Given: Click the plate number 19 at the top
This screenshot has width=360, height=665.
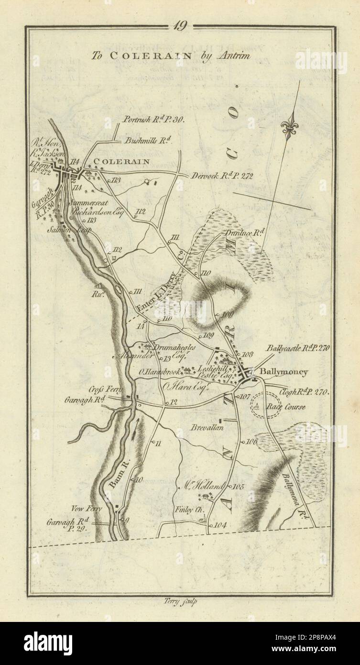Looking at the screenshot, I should coord(180,27).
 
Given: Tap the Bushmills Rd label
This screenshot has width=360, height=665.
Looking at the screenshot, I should coord(142,141).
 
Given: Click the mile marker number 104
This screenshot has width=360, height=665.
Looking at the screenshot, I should coord(221,525).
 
